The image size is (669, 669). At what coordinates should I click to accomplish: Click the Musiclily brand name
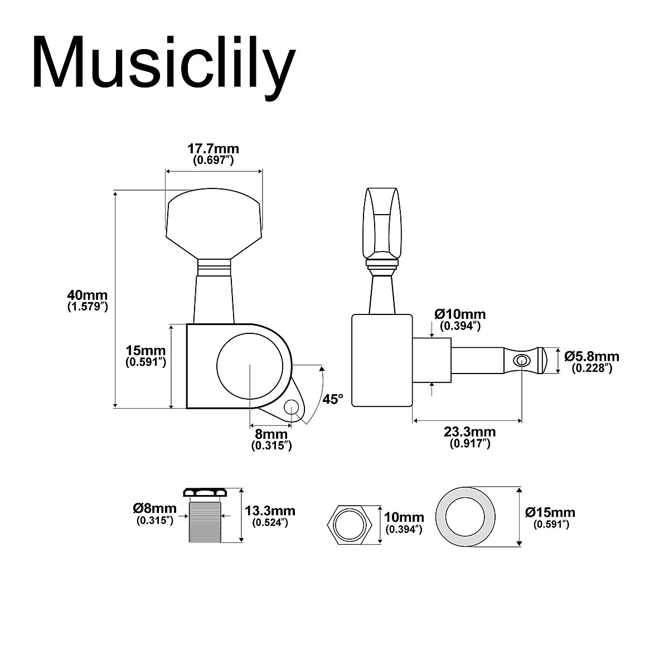(163, 62)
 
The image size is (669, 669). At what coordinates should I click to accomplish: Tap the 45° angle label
(333, 399)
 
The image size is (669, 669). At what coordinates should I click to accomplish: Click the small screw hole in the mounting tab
(292, 408)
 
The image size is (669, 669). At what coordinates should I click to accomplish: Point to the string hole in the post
(521, 360)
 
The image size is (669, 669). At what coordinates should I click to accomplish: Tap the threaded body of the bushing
(205, 522)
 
